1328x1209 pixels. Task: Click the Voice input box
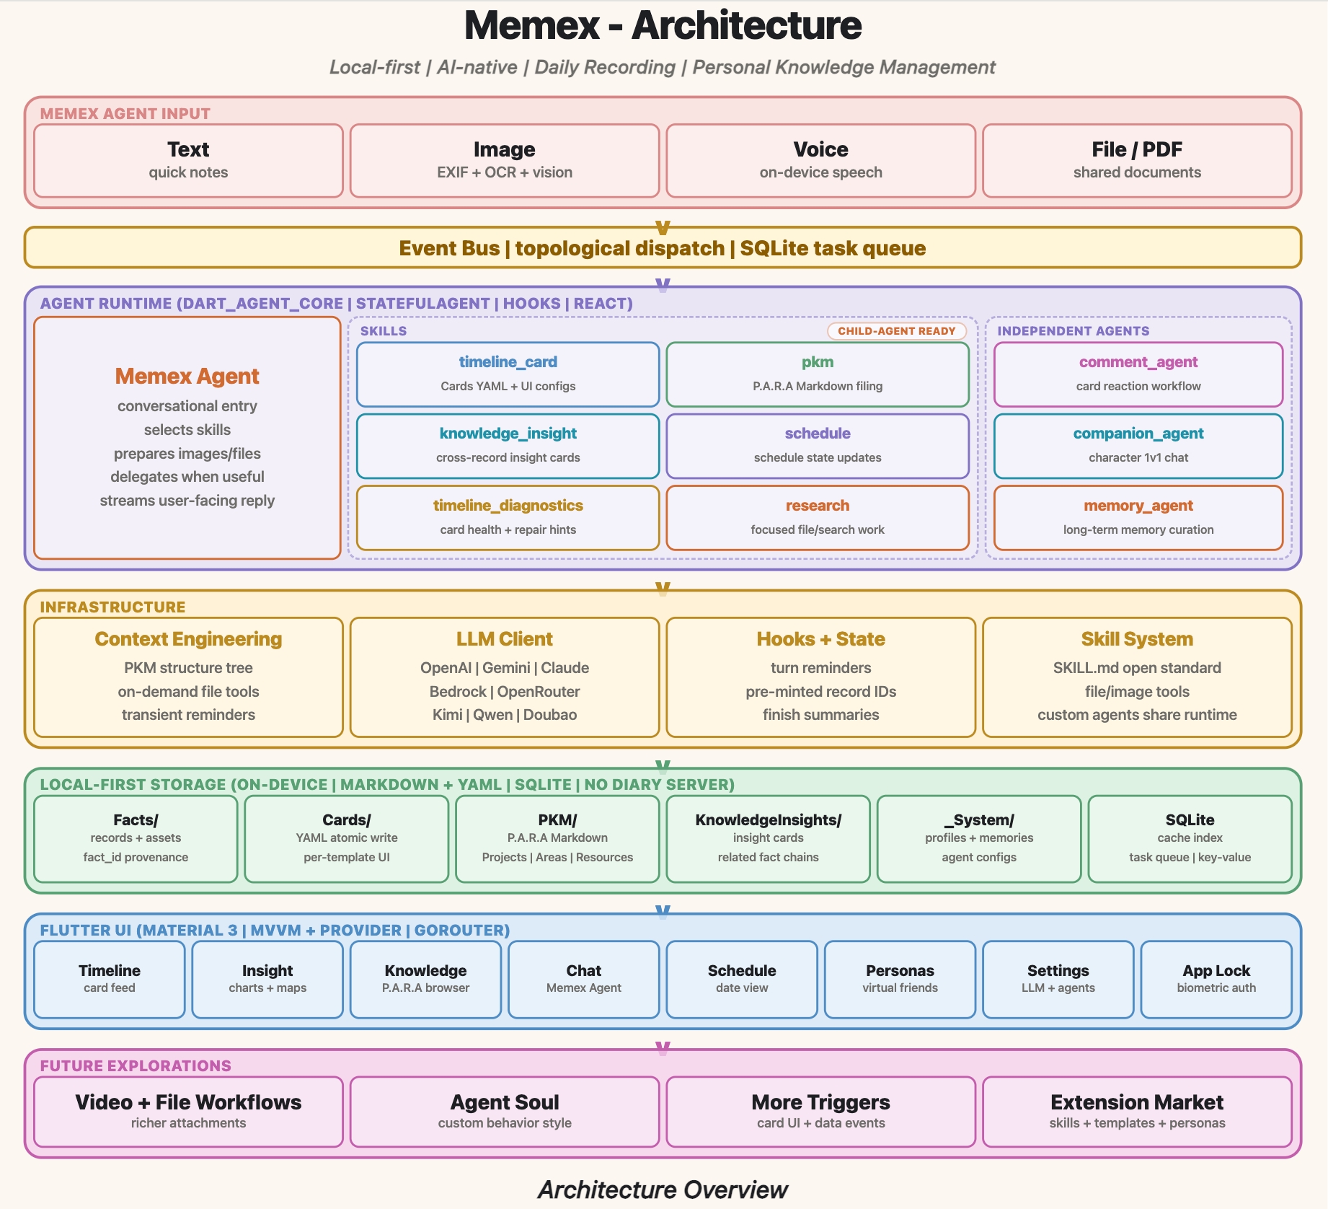click(x=820, y=160)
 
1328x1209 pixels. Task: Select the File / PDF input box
click(x=1137, y=160)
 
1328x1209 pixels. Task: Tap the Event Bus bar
click(x=663, y=247)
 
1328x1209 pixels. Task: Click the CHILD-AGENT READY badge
click(x=896, y=330)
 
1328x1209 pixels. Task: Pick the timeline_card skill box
click(x=508, y=374)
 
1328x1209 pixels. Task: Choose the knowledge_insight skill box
click(x=508, y=446)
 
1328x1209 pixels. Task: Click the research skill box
click(x=818, y=517)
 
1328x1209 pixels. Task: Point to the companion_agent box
click(x=1138, y=446)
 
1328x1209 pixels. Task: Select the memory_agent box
click(x=1138, y=517)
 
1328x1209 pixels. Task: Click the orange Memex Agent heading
click(x=187, y=376)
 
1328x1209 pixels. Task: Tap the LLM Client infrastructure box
click(x=505, y=677)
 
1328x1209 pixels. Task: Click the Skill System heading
click(x=1137, y=639)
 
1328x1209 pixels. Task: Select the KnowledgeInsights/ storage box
click(x=768, y=839)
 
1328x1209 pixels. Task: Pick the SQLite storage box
click(x=1190, y=839)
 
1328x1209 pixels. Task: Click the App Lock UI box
click(x=1216, y=979)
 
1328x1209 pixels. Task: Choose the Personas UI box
click(x=900, y=979)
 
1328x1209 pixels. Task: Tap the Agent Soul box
click(x=505, y=1112)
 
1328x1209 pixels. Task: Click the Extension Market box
click(x=1137, y=1112)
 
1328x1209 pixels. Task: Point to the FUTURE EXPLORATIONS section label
click(x=136, y=1065)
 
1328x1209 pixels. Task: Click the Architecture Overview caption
click(x=663, y=1190)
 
